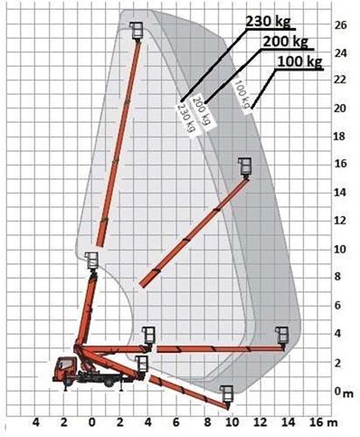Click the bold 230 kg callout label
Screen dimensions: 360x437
269,21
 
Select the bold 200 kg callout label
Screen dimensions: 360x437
286,42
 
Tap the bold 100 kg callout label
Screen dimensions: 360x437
299,62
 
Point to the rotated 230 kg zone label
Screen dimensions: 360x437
186,118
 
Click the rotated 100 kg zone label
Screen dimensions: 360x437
243,94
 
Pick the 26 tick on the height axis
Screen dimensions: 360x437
340,25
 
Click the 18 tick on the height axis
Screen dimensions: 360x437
340,137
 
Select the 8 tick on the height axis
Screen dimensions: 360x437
337,276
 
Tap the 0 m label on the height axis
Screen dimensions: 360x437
343,392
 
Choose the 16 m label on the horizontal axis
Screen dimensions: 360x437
323,423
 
